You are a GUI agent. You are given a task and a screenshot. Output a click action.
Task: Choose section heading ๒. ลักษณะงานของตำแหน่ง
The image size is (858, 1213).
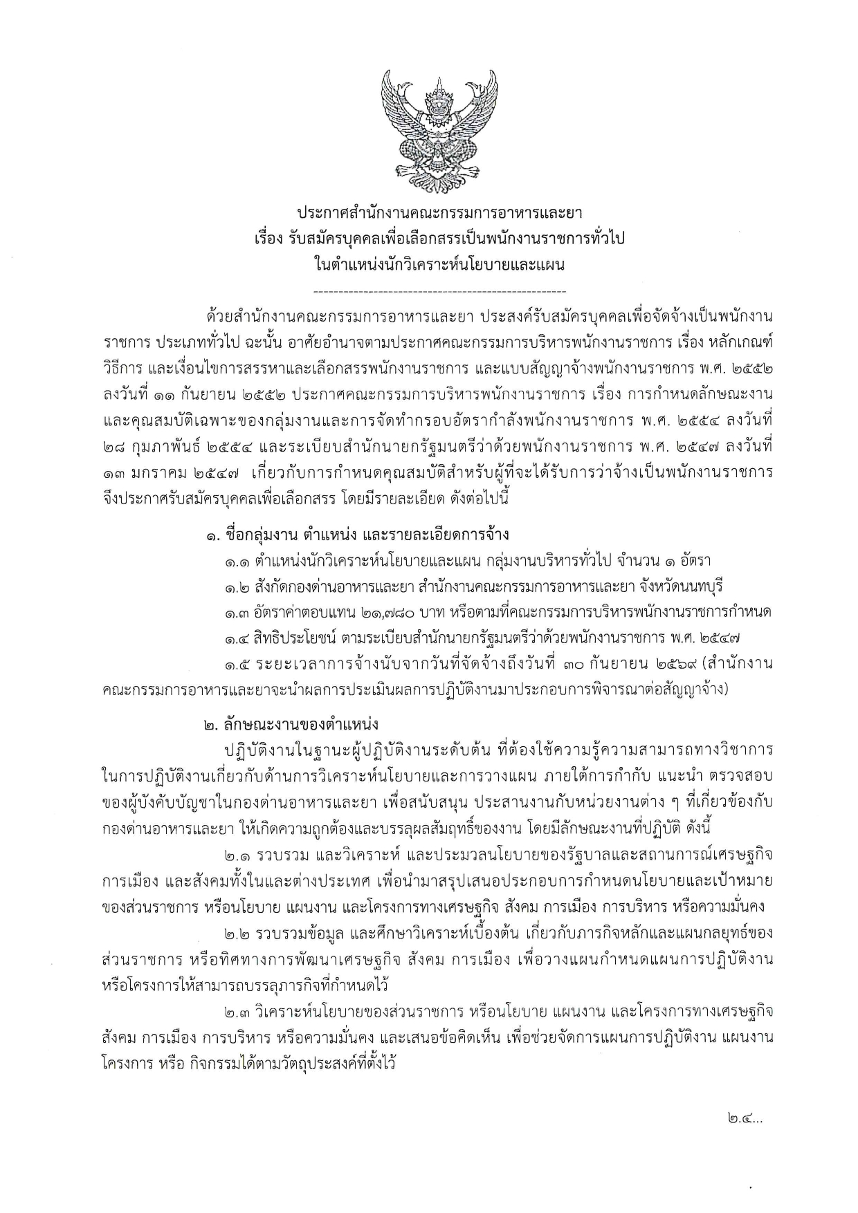(291, 724)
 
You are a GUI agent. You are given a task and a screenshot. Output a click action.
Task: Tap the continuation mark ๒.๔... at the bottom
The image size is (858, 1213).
(745, 1117)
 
